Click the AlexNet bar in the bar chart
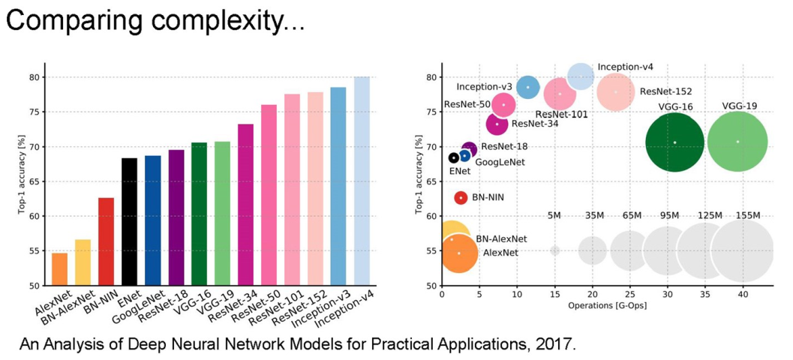coord(59,269)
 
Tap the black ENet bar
coord(129,222)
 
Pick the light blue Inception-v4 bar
coord(362,181)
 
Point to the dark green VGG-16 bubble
coord(674,142)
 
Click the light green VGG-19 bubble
coord(737,142)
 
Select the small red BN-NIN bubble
coord(461,197)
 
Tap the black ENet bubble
coord(454,157)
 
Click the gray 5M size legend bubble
coord(554,250)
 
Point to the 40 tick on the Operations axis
coord(743,295)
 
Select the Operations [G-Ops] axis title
coord(607,306)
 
